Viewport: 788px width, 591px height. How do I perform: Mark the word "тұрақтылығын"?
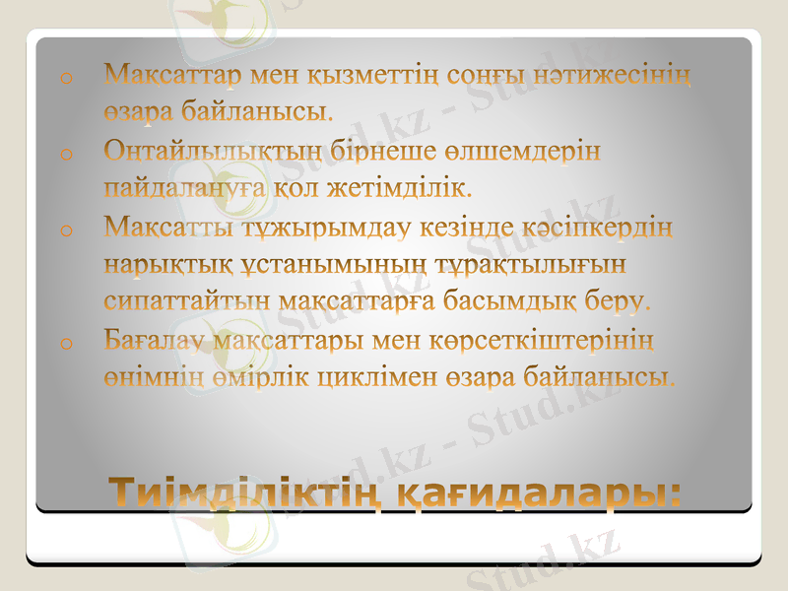pyautogui.click(x=550, y=265)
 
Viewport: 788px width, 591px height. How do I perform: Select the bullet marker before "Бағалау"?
pyautogui.click(x=65, y=343)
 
